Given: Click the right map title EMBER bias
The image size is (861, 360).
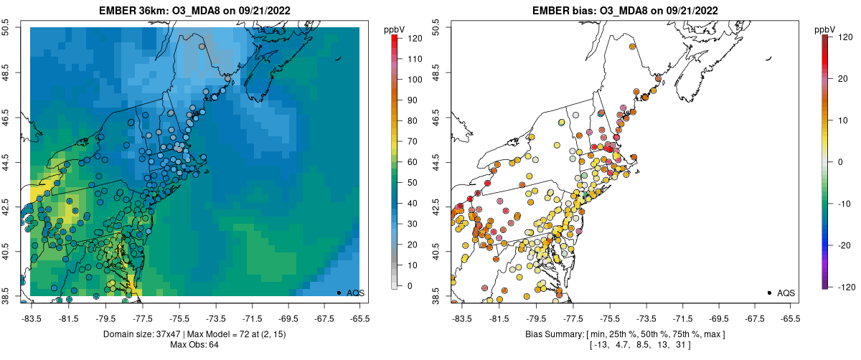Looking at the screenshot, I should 567,11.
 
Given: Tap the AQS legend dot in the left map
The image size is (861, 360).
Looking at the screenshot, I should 339,293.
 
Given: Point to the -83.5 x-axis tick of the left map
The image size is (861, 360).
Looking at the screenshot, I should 30,316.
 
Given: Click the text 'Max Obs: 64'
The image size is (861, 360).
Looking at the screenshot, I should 194,345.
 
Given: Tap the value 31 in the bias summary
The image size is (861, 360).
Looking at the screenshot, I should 682,345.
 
